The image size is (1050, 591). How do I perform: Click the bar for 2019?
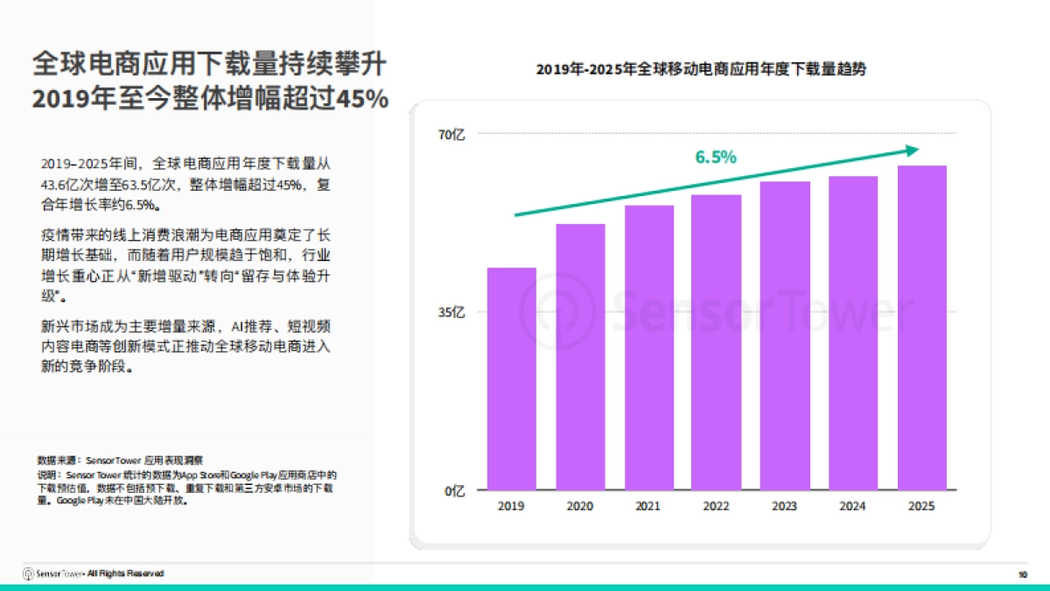[x=512, y=378]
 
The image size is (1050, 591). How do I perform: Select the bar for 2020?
[x=580, y=356]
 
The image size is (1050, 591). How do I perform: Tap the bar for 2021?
[x=648, y=348]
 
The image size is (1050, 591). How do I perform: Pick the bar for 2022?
[x=717, y=341]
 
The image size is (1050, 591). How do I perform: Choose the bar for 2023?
[x=785, y=335]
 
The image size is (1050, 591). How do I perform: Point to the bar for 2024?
[x=853, y=333]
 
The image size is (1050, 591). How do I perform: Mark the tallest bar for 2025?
[x=921, y=327]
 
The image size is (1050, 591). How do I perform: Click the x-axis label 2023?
[x=785, y=506]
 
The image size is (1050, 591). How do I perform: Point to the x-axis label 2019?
[x=512, y=506]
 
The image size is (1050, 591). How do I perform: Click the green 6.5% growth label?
[x=716, y=158]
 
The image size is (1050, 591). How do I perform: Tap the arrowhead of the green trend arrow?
[x=913, y=151]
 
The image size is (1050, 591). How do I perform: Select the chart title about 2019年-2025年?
[x=701, y=69]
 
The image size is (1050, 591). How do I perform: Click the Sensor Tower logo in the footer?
[x=52, y=573]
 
